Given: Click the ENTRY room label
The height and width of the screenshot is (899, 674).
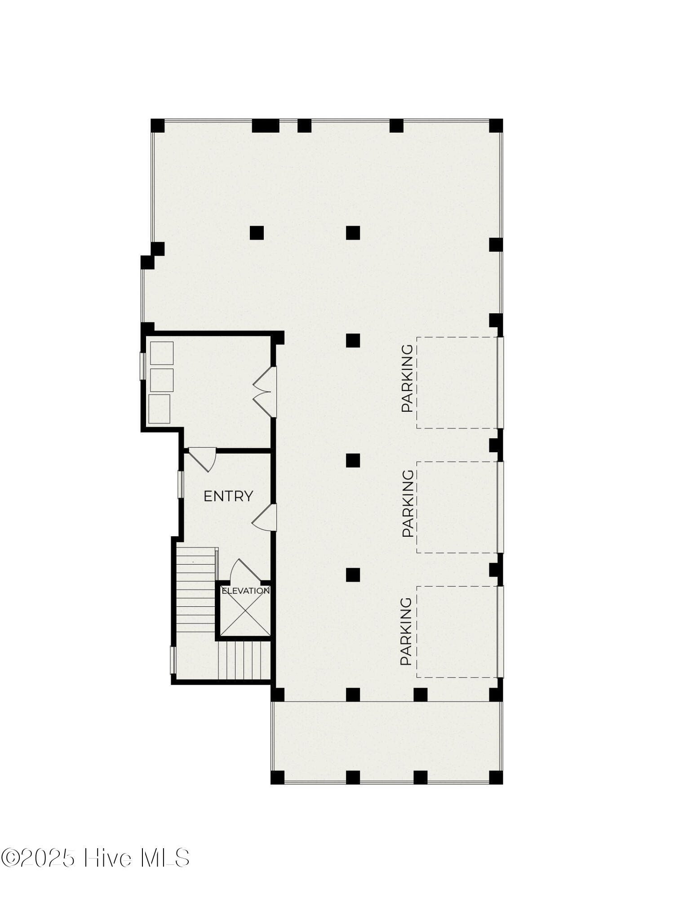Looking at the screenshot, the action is click(228, 496).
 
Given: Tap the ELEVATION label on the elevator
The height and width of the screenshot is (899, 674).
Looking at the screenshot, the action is click(245, 591).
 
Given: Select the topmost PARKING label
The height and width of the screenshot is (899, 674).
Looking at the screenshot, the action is click(407, 378).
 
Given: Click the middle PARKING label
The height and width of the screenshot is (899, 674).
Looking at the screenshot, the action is click(408, 503).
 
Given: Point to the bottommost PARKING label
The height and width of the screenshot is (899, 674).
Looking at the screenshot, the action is click(406, 631).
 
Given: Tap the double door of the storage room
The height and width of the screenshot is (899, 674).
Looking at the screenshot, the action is click(265, 392).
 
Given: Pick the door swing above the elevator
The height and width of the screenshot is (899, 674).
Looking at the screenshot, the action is click(245, 570).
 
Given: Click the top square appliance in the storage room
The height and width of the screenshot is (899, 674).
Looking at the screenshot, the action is click(161, 353).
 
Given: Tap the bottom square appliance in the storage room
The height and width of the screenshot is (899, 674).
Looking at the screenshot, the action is click(159, 409).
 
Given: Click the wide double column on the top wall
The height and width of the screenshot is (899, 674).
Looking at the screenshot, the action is click(266, 125).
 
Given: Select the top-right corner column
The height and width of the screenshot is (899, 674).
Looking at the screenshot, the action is click(496, 125).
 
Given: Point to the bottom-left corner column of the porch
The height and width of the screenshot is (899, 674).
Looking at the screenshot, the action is click(278, 777).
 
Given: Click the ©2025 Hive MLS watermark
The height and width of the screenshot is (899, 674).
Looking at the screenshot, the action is click(95, 858).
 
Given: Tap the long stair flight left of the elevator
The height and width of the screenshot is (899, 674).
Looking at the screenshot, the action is click(196, 590).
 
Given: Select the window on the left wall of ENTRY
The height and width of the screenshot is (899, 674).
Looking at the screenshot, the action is click(181, 484).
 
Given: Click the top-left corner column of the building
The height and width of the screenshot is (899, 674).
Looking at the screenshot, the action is click(157, 125).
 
